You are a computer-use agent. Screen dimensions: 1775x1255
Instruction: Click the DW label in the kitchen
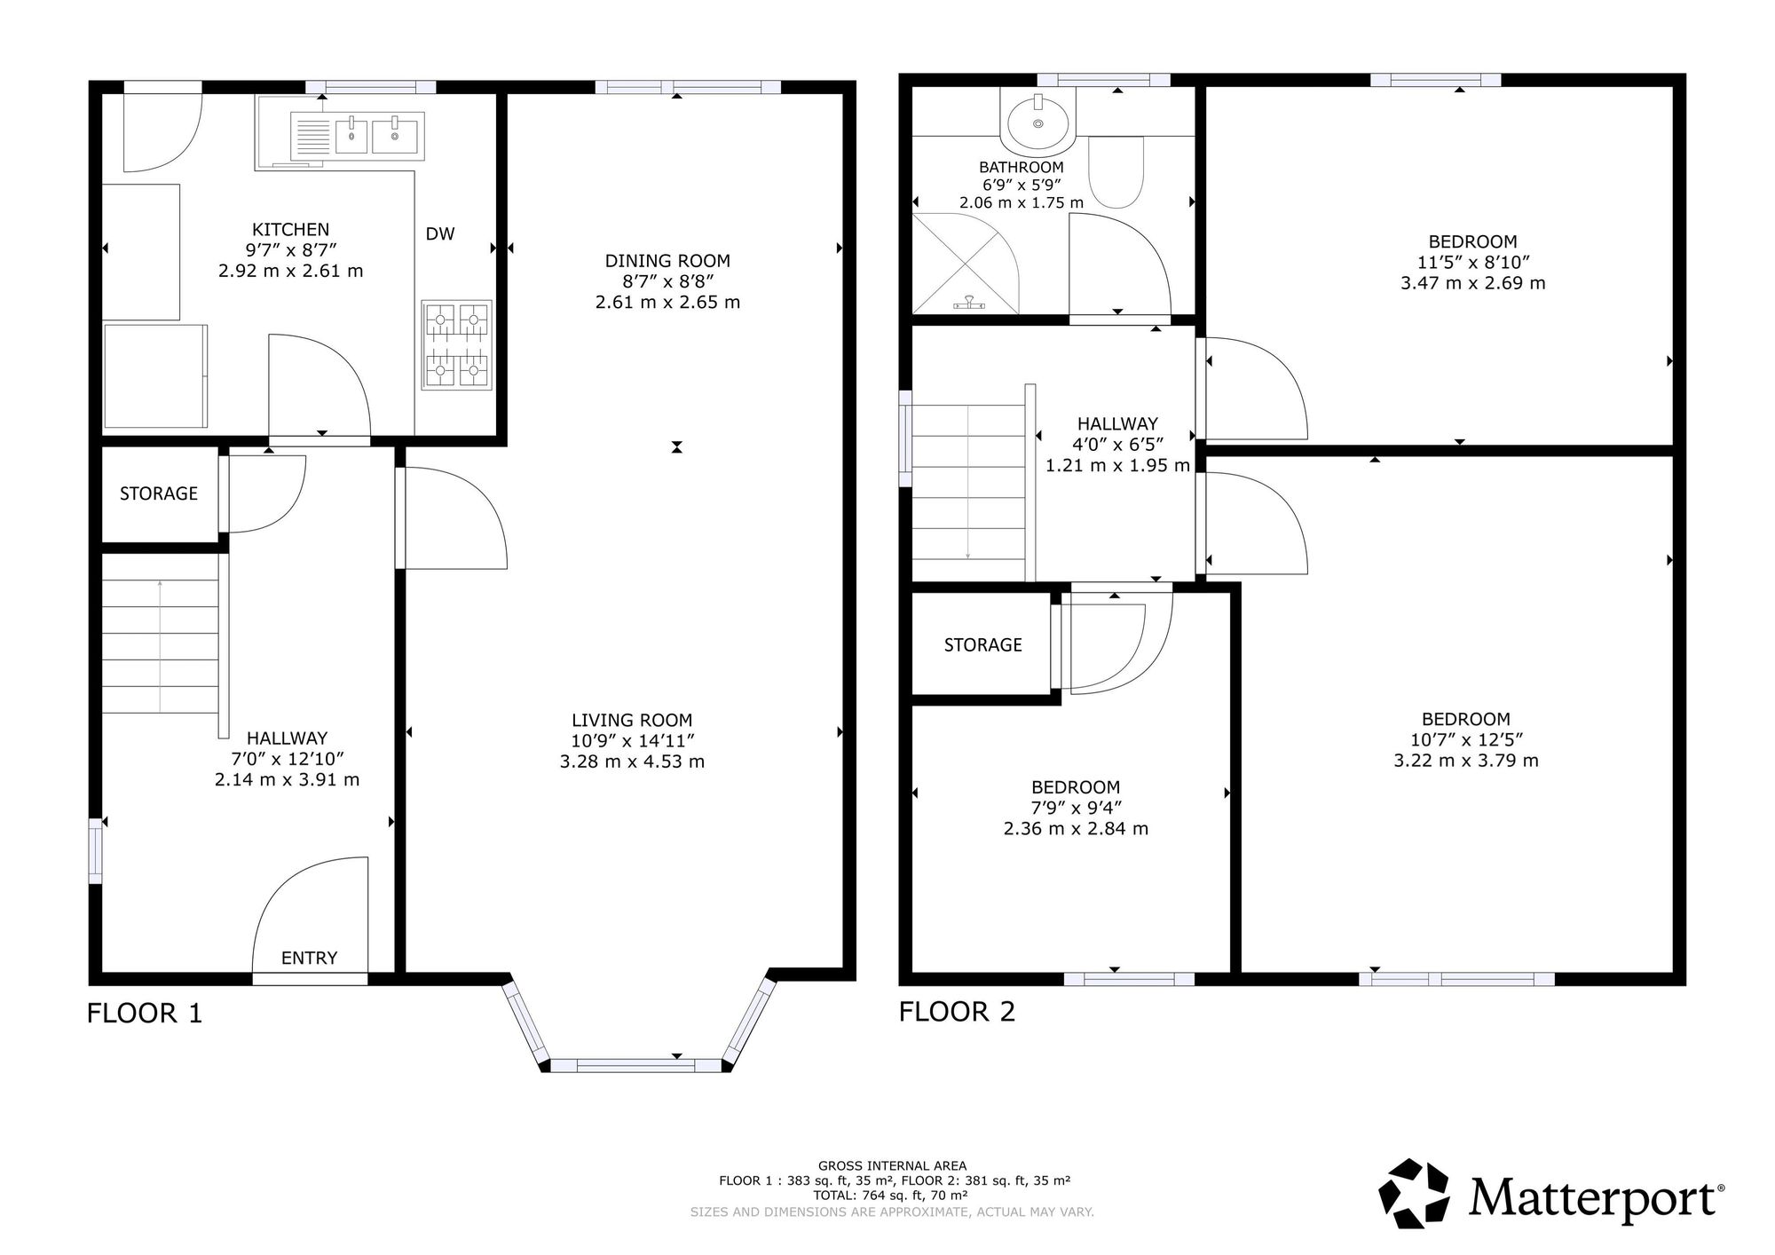point(440,234)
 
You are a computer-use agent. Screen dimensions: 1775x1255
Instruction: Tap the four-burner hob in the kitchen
point(456,344)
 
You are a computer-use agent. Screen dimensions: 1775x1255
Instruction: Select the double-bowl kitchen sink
point(359,136)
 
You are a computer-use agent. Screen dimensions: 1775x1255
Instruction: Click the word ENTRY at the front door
point(310,958)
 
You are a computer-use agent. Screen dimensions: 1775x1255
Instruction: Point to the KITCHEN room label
point(290,230)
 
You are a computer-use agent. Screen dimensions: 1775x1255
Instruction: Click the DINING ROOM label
point(667,261)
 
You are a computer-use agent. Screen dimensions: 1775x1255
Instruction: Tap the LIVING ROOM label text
point(632,721)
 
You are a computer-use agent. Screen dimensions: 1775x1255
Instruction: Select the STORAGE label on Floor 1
point(159,493)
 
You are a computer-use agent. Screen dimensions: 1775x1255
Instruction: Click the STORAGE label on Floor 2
point(982,645)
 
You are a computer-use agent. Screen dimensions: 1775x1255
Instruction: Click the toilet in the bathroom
point(1116,172)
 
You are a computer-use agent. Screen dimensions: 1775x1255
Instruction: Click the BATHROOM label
point(1021,167)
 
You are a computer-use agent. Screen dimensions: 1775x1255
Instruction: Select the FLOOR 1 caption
point(145,1013)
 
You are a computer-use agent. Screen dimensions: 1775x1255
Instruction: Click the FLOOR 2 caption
point(957,1011)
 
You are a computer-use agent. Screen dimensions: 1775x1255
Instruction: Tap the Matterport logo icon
point(1416,1194)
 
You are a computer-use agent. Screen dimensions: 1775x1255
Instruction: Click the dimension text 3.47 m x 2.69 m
point(1472,283)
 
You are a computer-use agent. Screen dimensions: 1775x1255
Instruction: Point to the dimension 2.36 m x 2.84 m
point(1076,829)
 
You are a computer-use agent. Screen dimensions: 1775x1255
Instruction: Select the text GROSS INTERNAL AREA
point(892,1166)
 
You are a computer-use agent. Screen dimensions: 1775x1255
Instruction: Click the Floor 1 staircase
point(161,634)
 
